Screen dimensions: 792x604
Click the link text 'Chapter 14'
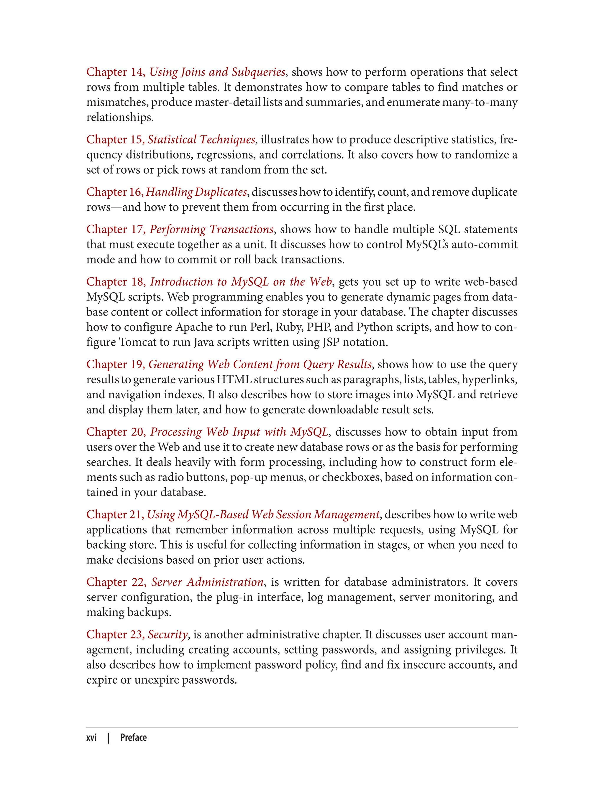(x=115, y=72)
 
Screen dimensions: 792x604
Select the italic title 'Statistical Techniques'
(x=201, y=139)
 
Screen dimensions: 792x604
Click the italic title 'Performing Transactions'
(x=212, y=229)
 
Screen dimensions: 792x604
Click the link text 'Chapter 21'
(x=115, y=514)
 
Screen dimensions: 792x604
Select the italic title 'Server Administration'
(x=207, y=582)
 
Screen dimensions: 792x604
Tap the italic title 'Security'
(x=168, y=634)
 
